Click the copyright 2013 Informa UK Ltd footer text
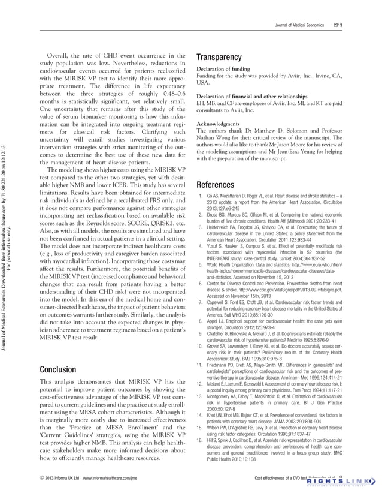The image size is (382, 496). (58, 478)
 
